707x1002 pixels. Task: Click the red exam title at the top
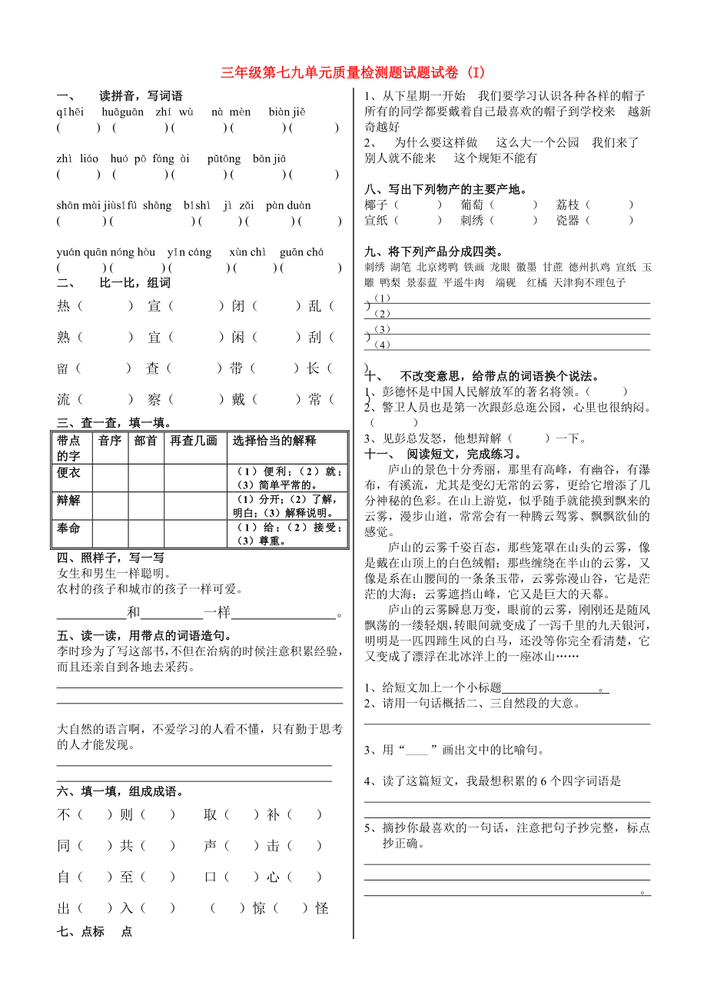pos(353,73)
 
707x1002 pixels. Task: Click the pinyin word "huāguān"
pos(122,112)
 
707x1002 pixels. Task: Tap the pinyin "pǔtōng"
pos(224,159)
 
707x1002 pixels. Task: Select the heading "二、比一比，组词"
pos(114,283)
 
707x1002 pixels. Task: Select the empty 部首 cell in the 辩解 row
pos(145,505)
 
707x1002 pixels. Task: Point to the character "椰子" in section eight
pos(377,205)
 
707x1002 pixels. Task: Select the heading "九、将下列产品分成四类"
pos(433,251)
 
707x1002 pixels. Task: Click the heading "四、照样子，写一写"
pos(111,558)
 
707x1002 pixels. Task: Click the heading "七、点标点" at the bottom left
pos(95,931)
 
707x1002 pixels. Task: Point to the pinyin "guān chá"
pos(301,252)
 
